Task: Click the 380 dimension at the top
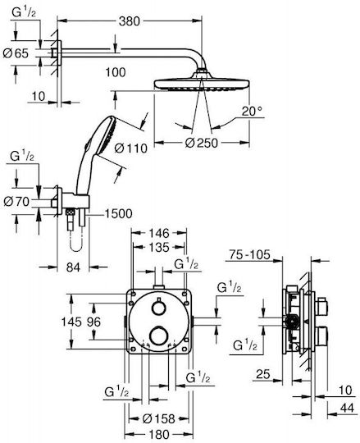pyautogui.click(x=129, y=21)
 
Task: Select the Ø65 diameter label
pyautogui.click(x=16, y=53)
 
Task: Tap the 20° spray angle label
pyautogui.click(x=252, y=111)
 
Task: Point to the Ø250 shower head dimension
pyautogui.click(x=202, y=143)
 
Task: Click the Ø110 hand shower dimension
pyautogui.click(x=131, y=148)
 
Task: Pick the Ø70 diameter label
pyautogui.click(x=16, y=202)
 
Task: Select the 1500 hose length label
pyautogui.click(x=119, y=214)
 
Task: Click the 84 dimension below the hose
pyautogui.click(x=73, y=267)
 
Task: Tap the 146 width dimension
pyautogui.click(x=159, y=233)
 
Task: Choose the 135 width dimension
pyautogui.click(x=159, y=247)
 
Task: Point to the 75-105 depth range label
pyautogui.click(x=249, y=255)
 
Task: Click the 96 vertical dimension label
pyautogui.click(x=93, y=322)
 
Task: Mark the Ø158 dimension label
pyautogui.click(x=159, y=418)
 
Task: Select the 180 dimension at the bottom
pyautogui.click(x=159, y=435)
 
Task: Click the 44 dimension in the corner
pyautogui.click(x=347, y=408)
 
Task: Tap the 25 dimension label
pyautogui.click(x=263, y=375)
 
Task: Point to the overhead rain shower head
pyautogui.click(x=202, y=84)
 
